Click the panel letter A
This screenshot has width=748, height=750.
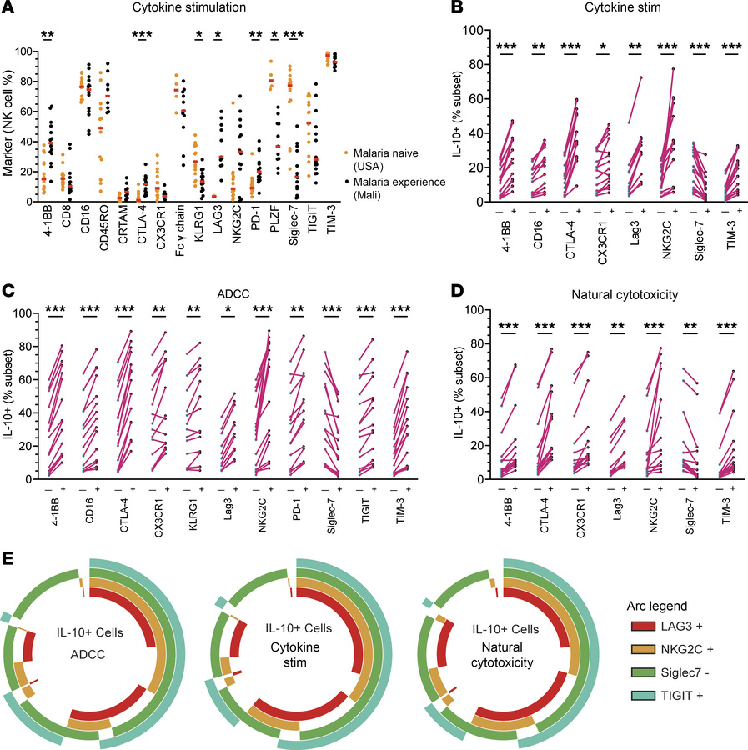click(x=8, y=9)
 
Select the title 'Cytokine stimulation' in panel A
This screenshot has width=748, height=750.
click(x=207, y=9)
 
